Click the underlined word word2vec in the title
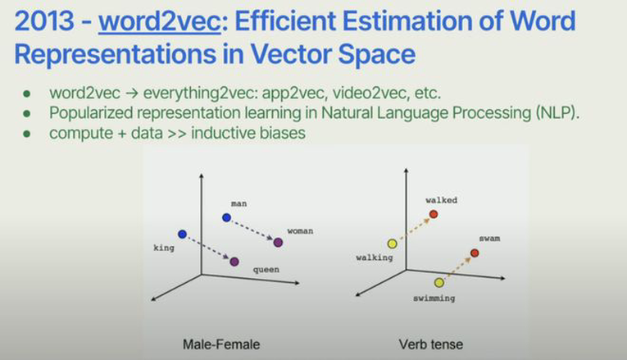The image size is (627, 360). [x=160, y=21]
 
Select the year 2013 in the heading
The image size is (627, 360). [x=44, y=21]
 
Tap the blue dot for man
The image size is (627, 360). [x=227, y=217]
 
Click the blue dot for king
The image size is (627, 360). [x=182, y=234]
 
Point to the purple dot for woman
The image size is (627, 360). [x=278, y=242]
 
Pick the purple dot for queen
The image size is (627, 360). [x=234, y=262]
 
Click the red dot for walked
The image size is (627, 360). [x=434, y=214]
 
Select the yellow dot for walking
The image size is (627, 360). [x=393, y=244]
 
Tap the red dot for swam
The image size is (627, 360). [x=475, y=253]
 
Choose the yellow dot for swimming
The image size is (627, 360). [x=439, y=283]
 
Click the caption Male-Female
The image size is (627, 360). [x=221, y=344]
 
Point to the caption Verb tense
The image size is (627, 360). [x=430, y=344]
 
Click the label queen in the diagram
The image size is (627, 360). [x=266, y=270]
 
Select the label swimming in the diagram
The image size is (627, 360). [x=434, y=298]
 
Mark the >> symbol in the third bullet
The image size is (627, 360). [x=177, y=134]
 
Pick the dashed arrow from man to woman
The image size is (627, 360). [x=252, y=230]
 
